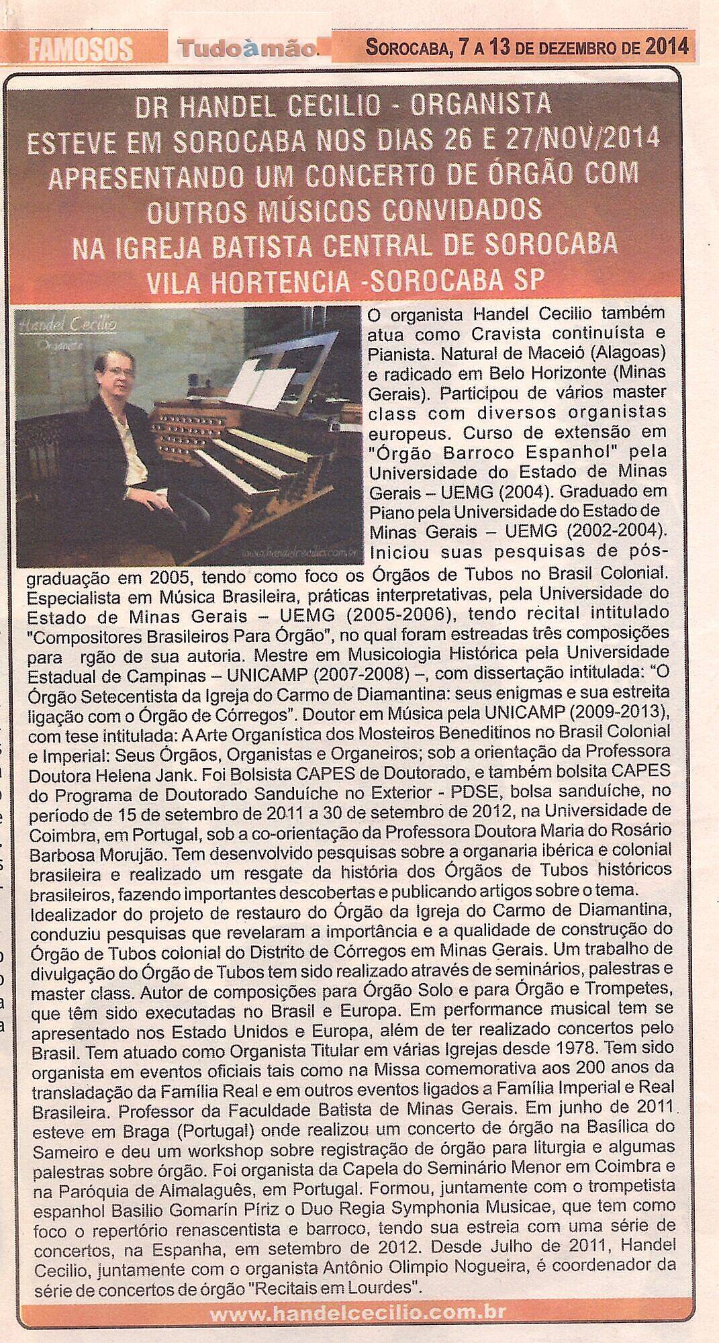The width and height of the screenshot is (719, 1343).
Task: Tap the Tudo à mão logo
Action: pos(246,48)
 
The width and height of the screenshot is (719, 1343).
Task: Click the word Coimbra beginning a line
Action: pos(57,831)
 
